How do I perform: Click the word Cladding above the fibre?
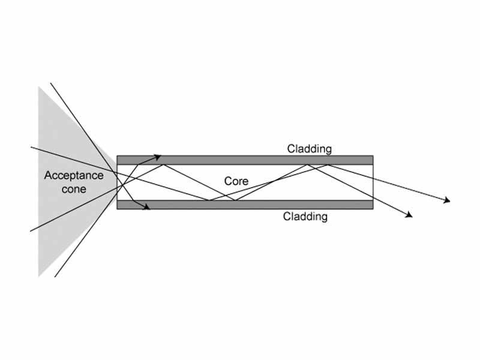[x=309, y=148]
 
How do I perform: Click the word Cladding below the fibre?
[x=305, y=217]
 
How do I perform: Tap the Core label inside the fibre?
[x=236, y=181]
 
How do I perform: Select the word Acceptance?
[x=73, y=176]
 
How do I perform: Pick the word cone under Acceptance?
[x=73, y=189]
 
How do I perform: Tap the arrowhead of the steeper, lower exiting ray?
[x=409, y=215]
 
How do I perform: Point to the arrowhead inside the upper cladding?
[x=158, y=157]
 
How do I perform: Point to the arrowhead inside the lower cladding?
[x=146, y=208]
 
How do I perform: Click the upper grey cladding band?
[x=245, y=160]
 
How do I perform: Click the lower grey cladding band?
[x=245, y=205]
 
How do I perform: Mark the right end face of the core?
[x=373, y=182]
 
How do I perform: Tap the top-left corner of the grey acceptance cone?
[x=39, y=87]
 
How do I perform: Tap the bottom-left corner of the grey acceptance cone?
[x=39, y=276]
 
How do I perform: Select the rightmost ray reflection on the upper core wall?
[x=328, y=164]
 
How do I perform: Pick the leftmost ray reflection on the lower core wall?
[x=209, y=200]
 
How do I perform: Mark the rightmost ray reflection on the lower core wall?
[x=235, y=200]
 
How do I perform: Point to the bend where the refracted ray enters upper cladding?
[x=139, y=164]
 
